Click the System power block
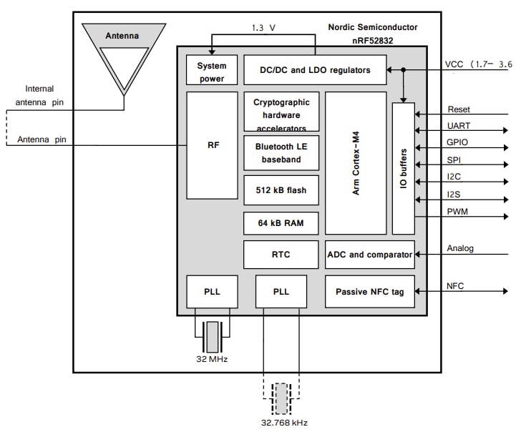pyautogui.click(x=212, y=70)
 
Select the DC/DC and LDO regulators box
pyautogui.click(x=313, y=70)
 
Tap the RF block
pyautogui.click(x=212, y=145)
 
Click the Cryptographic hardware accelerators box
pyautogui.click(x=281, y=112)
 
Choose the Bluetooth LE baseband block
pyautogui.click(x=281, y=152)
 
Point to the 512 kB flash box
pyautogui.click(x=281, y=190)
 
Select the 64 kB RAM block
pyautogui.click(x=281, y=223)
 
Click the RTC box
pyautogui.click(x=281, y=255)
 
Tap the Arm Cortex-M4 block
pyautogui.click(x=356, y=162)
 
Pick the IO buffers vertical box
pyautogui.click(x=404, y=168)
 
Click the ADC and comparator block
pyautogui.click(x=369, y=255)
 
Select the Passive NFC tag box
pyautogui.click(x=369, y=291)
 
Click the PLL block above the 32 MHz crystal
pyautogui.click(x=212, y=291)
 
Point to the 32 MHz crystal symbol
pyautogui.click(x=212, y=335)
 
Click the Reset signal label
pyautogui.click(x=459, y=109)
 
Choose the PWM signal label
pyautogui.click(x=458, y=212)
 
